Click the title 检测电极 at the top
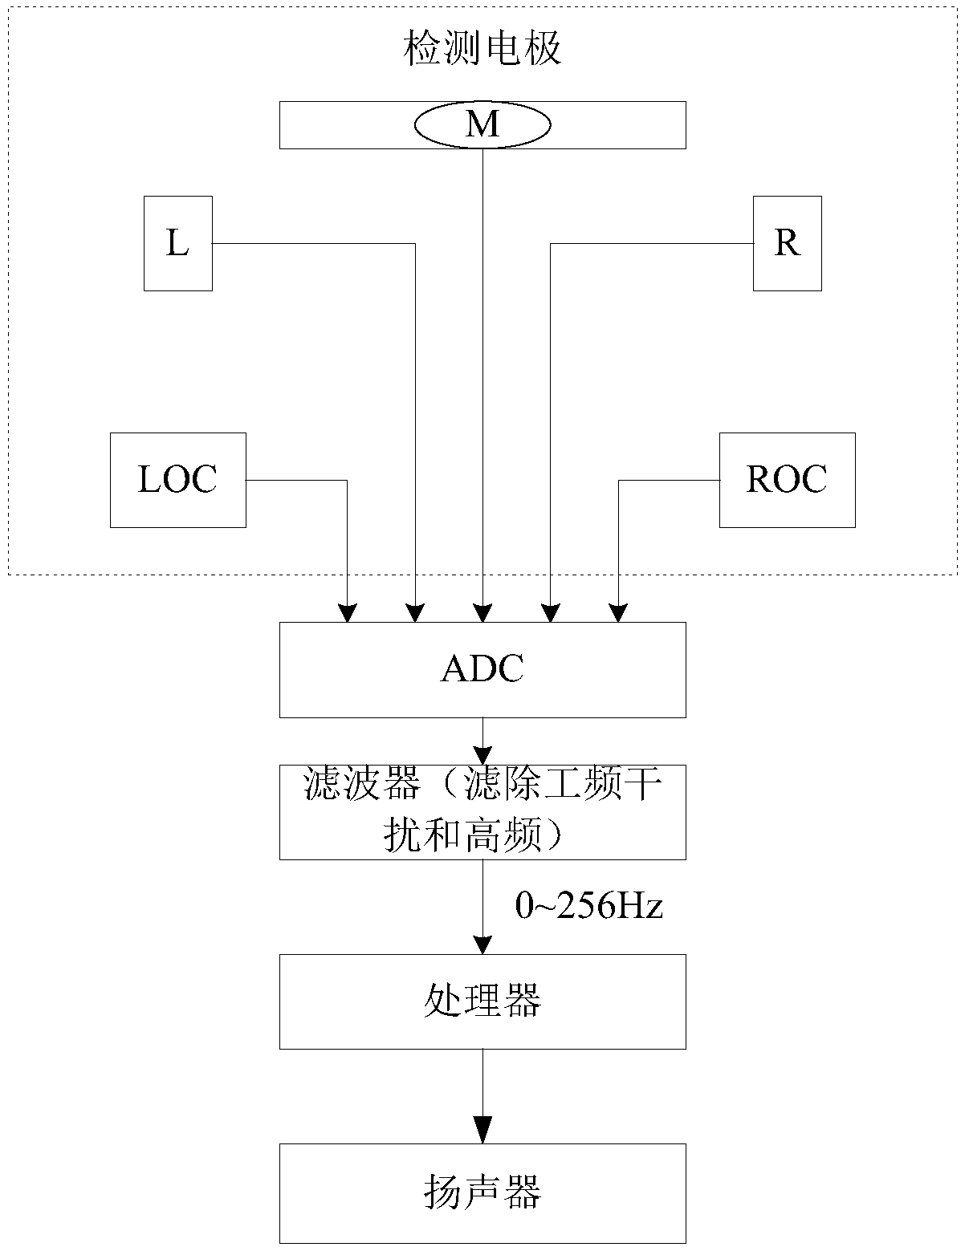coord(482,48)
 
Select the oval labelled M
coord(482,125)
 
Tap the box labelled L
coord(178,243)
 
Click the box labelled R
coord(787,243)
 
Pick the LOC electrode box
coord(178,480)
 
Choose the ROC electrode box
coord(787,480)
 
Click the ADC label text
coord(482,669)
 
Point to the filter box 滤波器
coord(482,812)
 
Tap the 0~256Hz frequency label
coord(588,906)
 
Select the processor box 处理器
coord(482,1001)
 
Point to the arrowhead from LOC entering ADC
coord(347,613)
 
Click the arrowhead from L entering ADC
coord(415,613)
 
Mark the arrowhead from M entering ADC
coord(482,613)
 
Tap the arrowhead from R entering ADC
coord(551,613)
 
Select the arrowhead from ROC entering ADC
coord(618,613)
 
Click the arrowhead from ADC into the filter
coord(482,755)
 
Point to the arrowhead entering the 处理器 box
coord(482,945)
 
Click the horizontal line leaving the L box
coord(314,243)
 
